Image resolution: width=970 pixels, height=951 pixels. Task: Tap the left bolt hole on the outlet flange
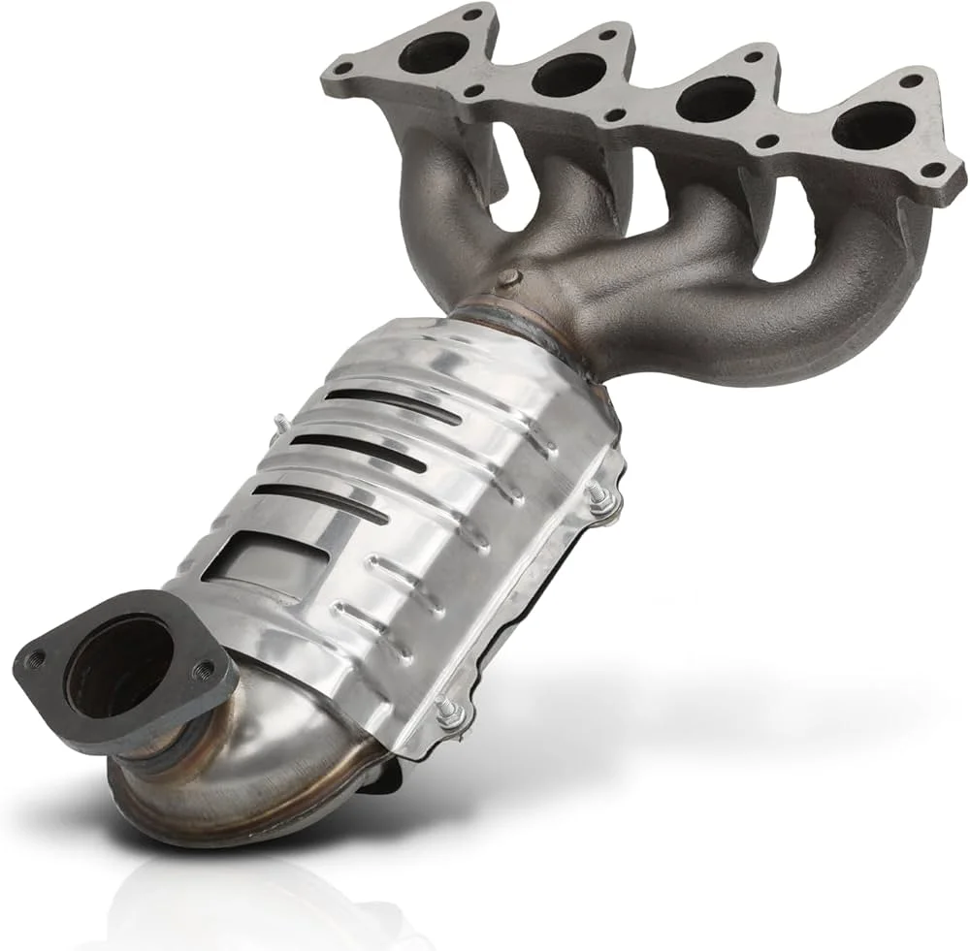[x=36, y=659]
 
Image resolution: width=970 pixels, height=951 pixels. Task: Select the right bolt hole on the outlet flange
[x=205, y=668]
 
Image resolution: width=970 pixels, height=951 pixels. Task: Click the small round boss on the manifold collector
[x=507, y=279]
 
